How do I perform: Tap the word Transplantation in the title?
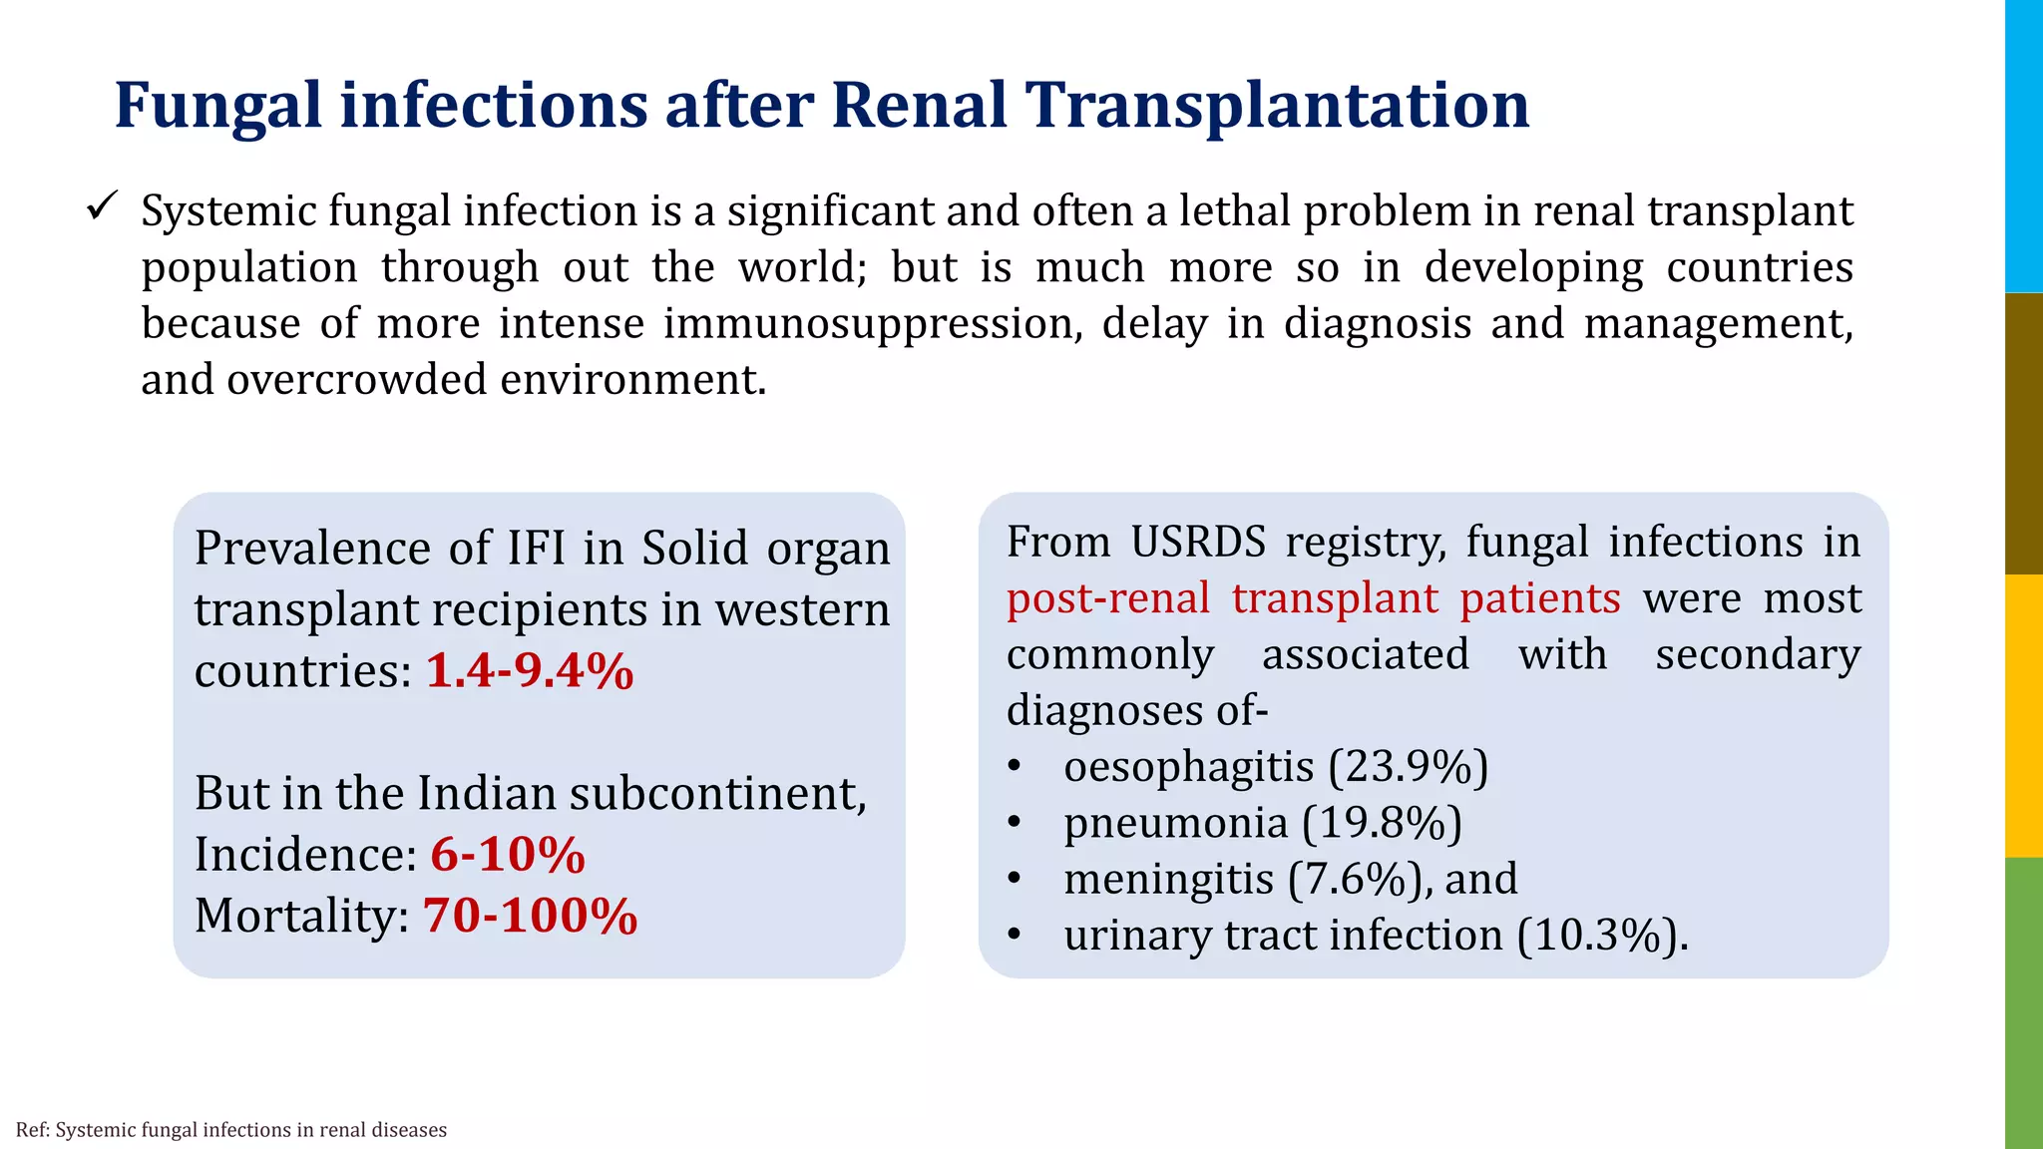tap(1279, 106)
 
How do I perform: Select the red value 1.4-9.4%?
tap(530, 670)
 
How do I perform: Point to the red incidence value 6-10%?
tap(508, 855)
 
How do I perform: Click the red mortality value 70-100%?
tap(530, 916)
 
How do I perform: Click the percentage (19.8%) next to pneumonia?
tap(1382, 823)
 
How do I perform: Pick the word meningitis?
tap(1168, 879)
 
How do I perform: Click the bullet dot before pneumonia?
tap(1015, 824)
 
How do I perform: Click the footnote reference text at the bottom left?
tap(231, 1130)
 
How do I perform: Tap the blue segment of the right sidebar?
tap(2024, 146)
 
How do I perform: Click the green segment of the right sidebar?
tap(2024, 1002)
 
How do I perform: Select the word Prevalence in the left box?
tap(312, 549)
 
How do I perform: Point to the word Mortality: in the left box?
tap(301, 916)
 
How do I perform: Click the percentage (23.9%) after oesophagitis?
tap(1408, 767)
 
